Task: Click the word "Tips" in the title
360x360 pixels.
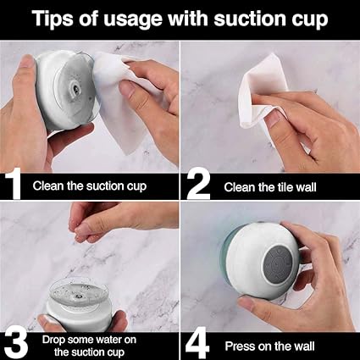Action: click(x=53, y=19)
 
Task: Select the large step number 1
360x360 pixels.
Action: click(x=13, y=184)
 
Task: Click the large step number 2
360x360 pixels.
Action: click(x=198, y=185)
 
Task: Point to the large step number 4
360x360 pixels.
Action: click(x=197, y=344)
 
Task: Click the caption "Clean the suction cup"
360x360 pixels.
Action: click(x=90, y=186)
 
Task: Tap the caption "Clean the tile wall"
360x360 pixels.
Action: click(x=270, y=187)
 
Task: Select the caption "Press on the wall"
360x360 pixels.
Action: click(x=269, y=346)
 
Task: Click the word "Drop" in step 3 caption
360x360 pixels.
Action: click(x=53, y=341)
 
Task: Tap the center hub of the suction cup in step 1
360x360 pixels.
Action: click(x=76, y=89)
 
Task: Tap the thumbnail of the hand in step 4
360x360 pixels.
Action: click(x=245, y=303)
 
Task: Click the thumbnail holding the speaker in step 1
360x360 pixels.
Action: click(x=27, y=63)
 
